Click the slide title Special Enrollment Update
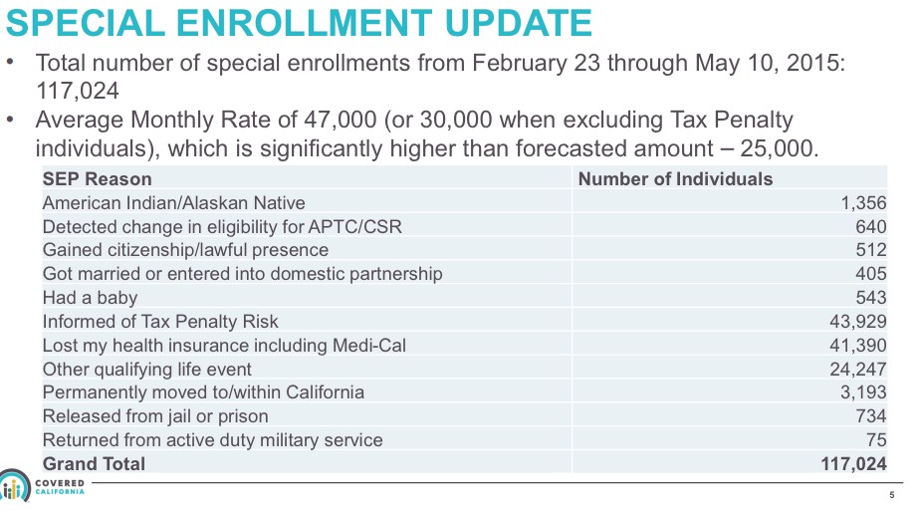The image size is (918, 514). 299,22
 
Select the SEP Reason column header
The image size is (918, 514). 97,179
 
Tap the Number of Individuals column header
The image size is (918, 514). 675,179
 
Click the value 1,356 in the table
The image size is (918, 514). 862,203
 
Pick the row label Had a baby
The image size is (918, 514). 90,298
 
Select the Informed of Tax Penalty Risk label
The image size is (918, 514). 160,322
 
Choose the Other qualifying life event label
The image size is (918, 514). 146,369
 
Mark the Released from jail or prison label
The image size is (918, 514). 155,416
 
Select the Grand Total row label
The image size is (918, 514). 94,464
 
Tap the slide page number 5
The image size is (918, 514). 892,495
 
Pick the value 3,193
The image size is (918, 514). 862,392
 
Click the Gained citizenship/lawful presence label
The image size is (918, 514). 185,250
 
